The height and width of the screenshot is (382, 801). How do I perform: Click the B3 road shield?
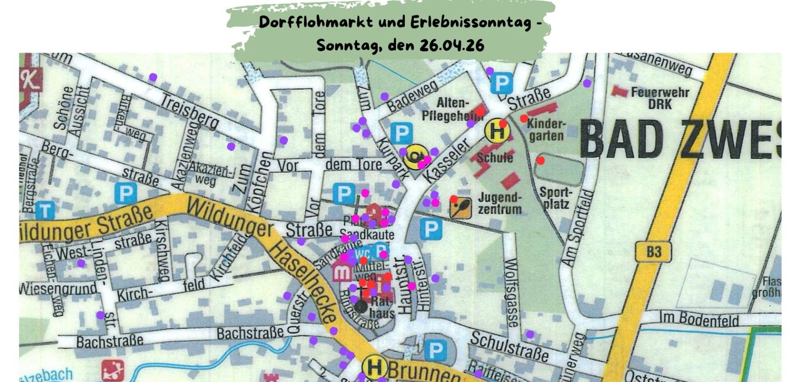point(654,252)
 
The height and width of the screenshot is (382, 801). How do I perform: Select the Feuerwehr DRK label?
point(659,98)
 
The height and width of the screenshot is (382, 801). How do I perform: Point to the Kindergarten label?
point(546,130)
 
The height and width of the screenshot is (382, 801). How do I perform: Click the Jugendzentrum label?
point(500,203)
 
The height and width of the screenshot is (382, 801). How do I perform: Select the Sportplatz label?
point(556,198)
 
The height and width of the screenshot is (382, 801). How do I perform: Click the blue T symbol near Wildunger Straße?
point(45,210)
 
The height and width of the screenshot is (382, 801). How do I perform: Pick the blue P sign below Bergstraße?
point(126,194)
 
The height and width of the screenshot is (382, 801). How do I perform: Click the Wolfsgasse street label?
point(511,293)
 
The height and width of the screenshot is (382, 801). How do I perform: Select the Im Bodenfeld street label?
point(699,319)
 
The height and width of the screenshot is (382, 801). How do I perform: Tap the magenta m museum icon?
point(343,272)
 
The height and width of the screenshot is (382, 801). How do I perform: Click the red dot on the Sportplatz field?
point(541,160)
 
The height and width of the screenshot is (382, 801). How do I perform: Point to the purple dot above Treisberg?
point(153,77)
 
